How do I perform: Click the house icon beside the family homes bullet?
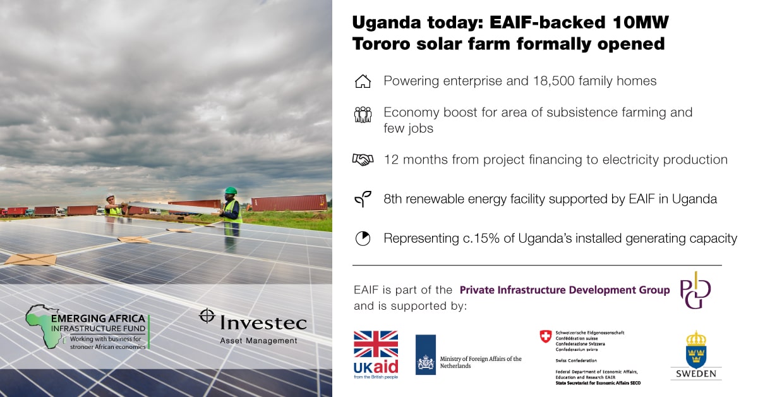[x=363, y=82]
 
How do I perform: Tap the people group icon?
[x=363, y=114]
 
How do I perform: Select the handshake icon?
[x=363, y=159]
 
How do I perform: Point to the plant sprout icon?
[x=363, y=199]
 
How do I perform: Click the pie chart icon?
[x=363, y=238]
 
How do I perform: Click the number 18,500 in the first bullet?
[x=553, y=81]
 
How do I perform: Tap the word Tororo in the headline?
[x=382, y=44]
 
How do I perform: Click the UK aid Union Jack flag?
[x=376, y=344]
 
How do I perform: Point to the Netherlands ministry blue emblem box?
[x=425, y=355]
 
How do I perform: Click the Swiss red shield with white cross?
[x=546, y=337]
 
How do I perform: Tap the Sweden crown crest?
[x=695, y=350]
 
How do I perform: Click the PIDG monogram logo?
[x=695, y=290]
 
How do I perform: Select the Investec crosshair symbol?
[x=207, y=315]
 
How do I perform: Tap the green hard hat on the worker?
[x=231, y=190]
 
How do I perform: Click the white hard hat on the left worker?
[x=110, y=196]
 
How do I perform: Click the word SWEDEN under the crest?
[x=696, y=374]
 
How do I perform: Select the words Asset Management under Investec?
[x=258, y=341]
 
